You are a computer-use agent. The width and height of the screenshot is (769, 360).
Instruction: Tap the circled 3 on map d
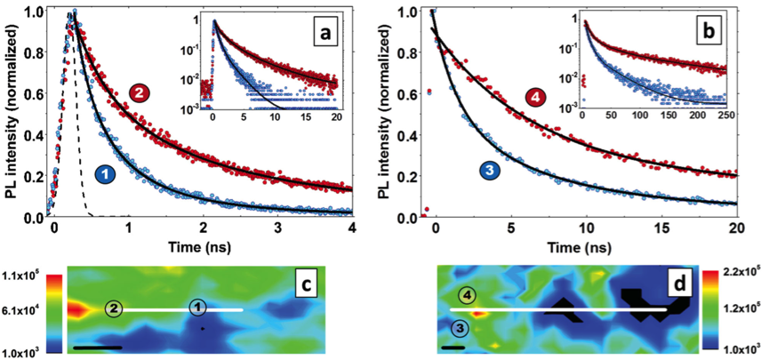[x=459, y=329]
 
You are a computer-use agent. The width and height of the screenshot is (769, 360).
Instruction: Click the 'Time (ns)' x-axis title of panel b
[x=586, y=252]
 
